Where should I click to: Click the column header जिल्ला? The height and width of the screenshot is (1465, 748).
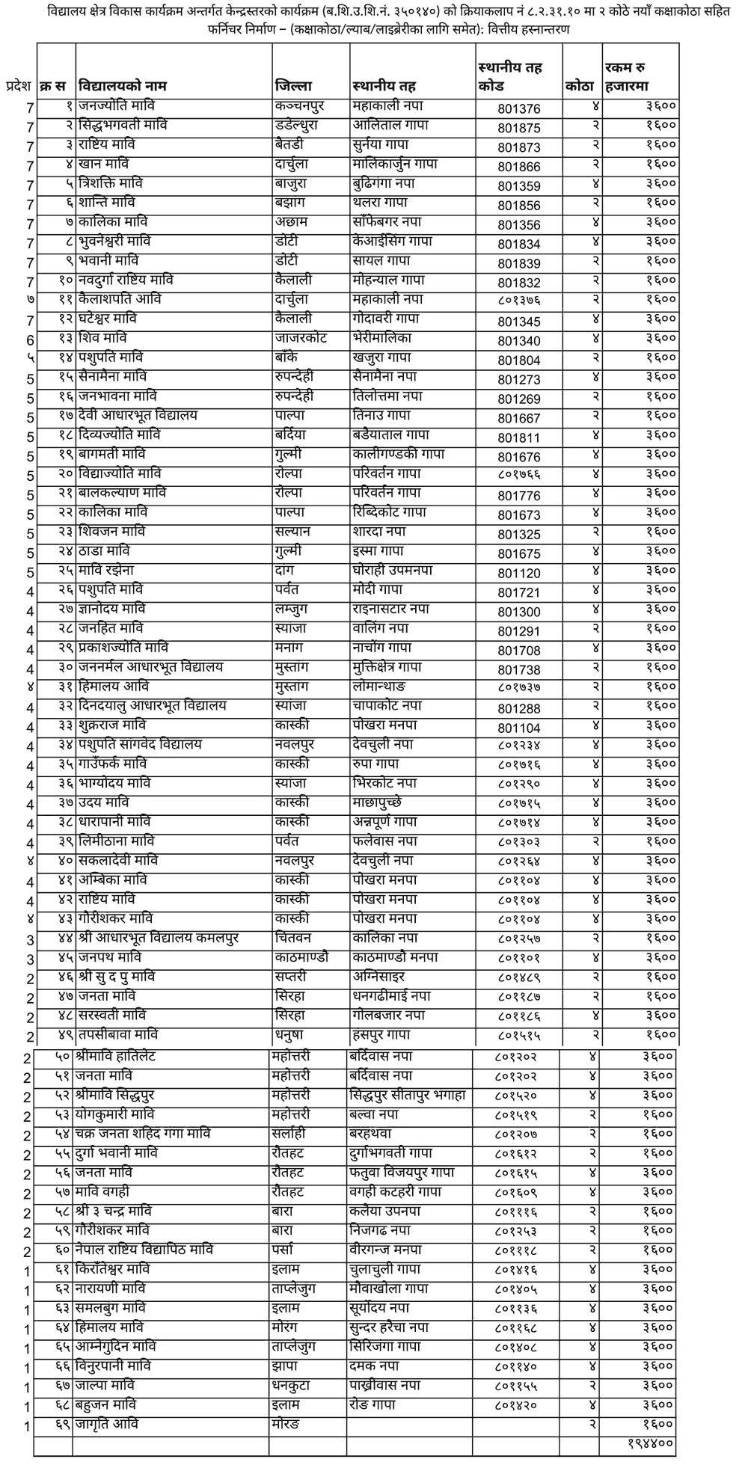(293, 85)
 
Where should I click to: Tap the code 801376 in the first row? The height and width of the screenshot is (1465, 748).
(518, 108)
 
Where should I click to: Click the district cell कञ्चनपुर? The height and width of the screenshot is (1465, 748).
(299, 106)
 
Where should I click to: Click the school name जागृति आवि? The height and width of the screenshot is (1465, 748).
(105, 1424)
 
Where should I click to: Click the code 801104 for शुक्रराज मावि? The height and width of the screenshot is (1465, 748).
(518, 728)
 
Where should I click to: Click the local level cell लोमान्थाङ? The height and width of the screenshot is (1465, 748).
(384, 687)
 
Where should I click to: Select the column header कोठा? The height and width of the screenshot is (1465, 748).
(580, 85)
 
